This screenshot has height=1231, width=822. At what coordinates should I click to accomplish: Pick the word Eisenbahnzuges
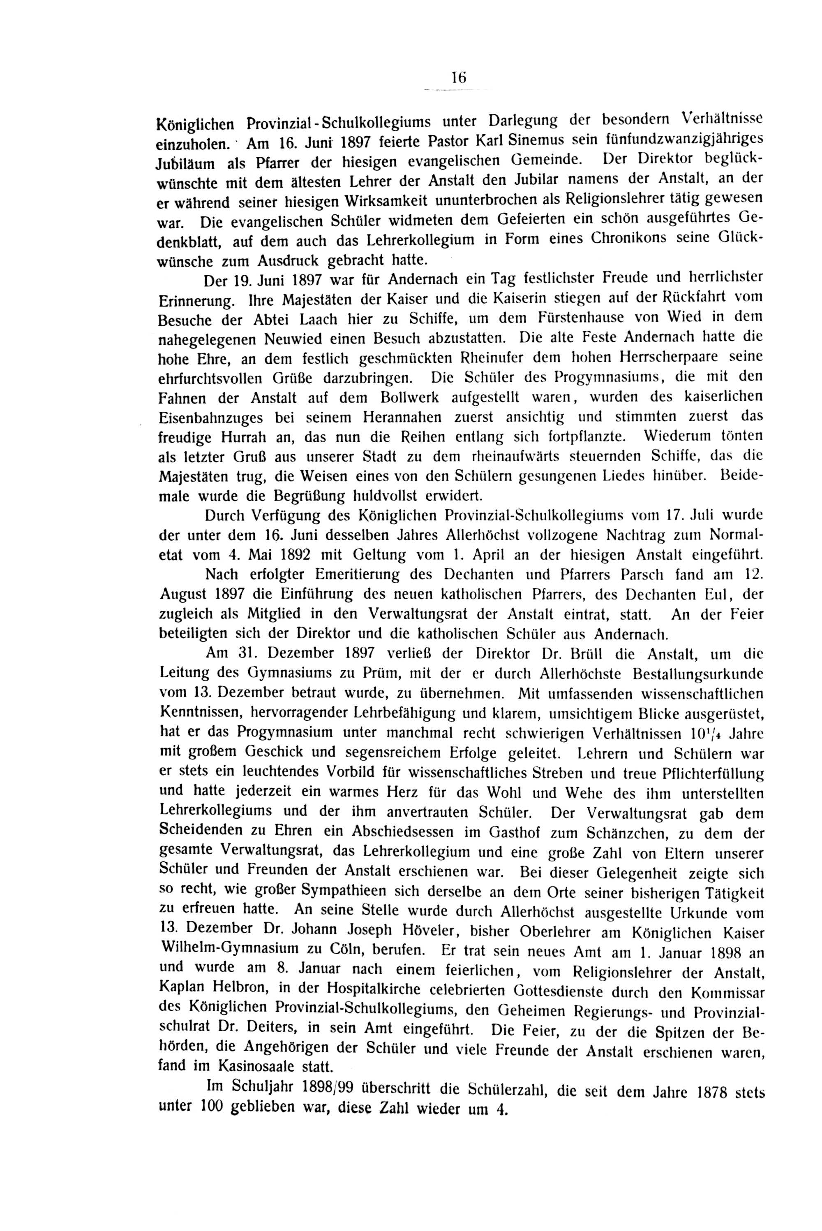pyautogui.click(x=210, y=417)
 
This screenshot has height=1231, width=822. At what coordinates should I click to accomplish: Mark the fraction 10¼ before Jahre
pyautogui.click(x=699, y=733)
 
